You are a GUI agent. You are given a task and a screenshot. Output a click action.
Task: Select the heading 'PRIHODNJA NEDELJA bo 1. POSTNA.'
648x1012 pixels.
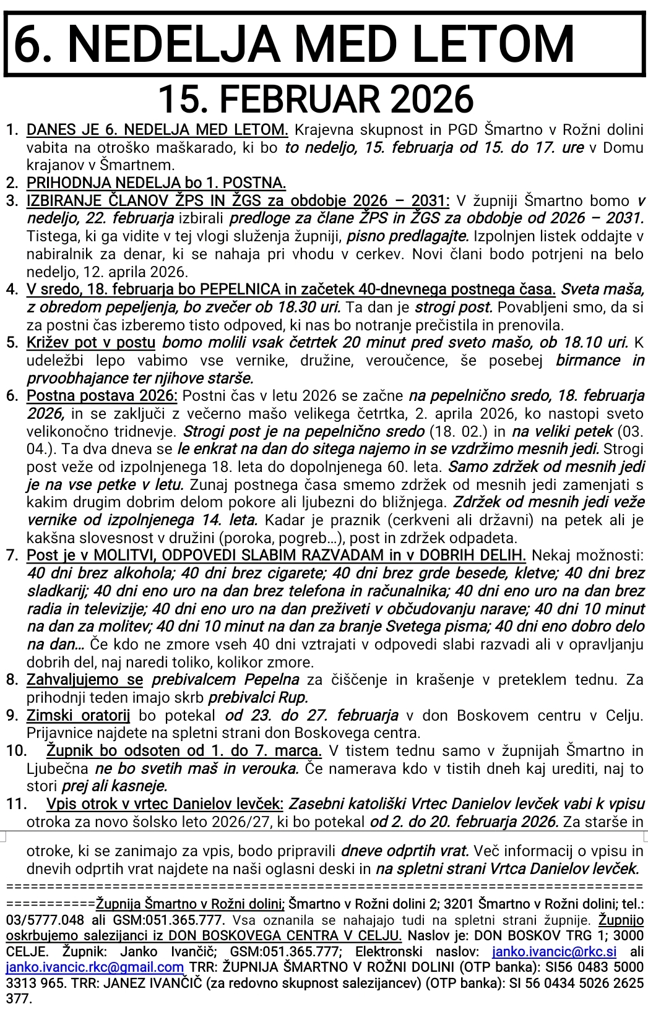pyautogui.click(x=157, y=183)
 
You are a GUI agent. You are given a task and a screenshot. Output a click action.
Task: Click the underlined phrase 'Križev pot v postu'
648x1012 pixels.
pyautogui.click(x=91, y=343)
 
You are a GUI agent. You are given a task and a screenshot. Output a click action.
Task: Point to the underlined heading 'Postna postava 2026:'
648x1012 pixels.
pyautogui.click(x=102, y=396)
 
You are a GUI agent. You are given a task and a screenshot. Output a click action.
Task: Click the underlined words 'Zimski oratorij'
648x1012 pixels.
pyautogui.click(x=79, y=716)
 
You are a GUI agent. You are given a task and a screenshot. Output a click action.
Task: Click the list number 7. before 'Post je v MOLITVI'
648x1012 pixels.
pyautogui.click(x=12, y=556)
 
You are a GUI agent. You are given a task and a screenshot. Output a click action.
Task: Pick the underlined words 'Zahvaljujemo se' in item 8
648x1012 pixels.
pyautogui.click(x=85, y=680)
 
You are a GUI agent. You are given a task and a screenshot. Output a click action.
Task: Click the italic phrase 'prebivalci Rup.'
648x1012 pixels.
pyautogui.click(x=258, y=698)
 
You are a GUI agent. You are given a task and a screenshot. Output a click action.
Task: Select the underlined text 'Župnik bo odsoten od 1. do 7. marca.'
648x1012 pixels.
pyautogui.click(x=184, y=751)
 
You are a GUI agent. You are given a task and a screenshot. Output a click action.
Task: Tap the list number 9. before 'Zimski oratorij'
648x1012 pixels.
pyautogui.click(x=12, y=716)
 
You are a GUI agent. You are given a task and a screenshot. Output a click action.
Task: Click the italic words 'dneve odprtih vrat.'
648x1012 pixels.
pyautogui.click(x=395, y=850)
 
